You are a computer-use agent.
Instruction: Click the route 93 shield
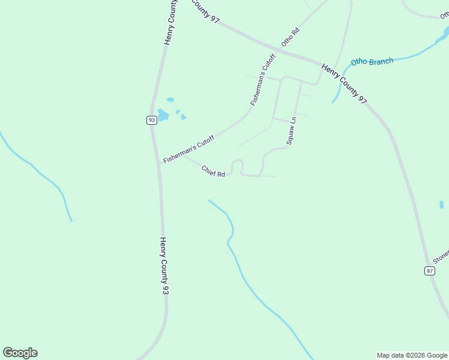151,120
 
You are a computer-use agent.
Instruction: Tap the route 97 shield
429,271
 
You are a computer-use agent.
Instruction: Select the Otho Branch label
372,62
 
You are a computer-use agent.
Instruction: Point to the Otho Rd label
290,37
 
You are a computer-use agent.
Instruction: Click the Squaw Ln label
291,131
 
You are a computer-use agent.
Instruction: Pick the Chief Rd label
213,171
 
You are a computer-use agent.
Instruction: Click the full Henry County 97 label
344,84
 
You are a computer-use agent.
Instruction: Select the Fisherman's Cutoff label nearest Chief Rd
188,149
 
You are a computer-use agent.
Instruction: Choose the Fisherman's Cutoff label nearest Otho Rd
263,80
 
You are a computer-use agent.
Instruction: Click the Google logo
20,353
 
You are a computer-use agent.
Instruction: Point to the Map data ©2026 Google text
412,355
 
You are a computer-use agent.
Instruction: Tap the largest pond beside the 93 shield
163,114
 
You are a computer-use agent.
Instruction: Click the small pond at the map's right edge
442,205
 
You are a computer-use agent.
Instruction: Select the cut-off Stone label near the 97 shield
441,257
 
